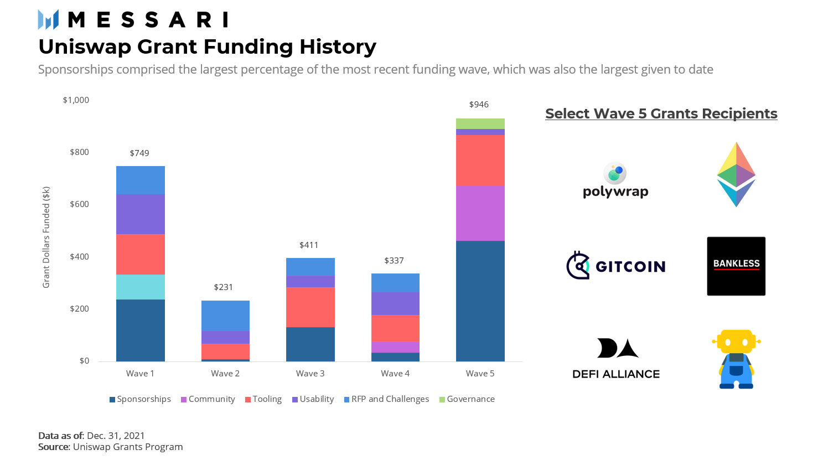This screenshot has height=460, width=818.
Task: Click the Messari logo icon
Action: coord(48,19)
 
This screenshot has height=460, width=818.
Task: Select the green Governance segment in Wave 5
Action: coord(480,123)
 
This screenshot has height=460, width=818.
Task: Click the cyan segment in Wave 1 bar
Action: coord(141,287)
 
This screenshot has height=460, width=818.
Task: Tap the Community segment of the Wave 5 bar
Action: coord(480,213)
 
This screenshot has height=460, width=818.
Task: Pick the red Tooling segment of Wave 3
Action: coord(310,307)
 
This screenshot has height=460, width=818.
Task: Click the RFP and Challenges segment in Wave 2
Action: coord(225,316)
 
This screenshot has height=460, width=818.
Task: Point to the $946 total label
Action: coord(479,105)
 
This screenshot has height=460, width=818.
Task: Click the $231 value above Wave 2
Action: coord(224,287)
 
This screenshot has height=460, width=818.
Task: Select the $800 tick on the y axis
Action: coord(79,152)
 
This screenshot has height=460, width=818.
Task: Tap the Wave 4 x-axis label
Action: coord(395,374)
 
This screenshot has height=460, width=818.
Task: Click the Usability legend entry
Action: coord(313,399)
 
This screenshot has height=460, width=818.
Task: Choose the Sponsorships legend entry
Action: coord(141,399)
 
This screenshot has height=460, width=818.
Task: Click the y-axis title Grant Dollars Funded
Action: coord(46,237)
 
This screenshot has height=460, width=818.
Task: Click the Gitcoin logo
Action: coord(615,266)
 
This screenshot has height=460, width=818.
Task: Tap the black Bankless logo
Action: coord(736,266)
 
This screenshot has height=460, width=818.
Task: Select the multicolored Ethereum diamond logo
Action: coord(736,174)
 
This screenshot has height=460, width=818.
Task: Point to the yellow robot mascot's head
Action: coord(736,342)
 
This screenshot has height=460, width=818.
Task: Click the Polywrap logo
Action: coord(615,180)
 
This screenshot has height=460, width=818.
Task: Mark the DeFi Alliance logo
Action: coord(616,359)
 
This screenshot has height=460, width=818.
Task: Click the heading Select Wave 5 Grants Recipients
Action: coord(661,113)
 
